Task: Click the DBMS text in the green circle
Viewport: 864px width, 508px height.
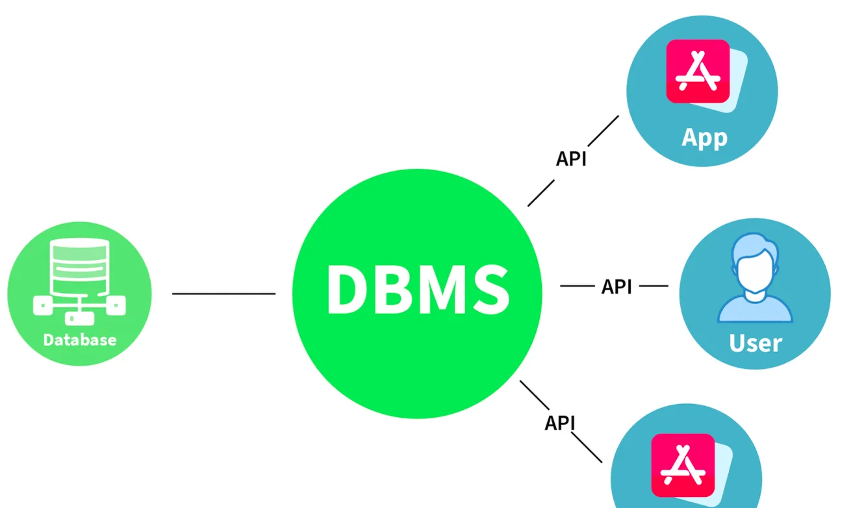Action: pos(417,290)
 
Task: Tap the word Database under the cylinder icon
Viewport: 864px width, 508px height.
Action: pos(80,340)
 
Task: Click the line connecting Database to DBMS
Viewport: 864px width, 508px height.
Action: pos(223,294)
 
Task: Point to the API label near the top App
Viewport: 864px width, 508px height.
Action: pos(571,159)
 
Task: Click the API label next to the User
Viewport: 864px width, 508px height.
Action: pos(616,286)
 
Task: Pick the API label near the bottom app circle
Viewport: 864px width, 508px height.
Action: pos(560,423)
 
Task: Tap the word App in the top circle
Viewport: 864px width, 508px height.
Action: pos(704,138)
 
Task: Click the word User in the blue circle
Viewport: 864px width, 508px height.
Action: pos(756,342)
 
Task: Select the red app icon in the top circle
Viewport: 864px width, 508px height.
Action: pos(698,71)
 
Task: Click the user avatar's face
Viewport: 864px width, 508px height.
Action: pos(755,273)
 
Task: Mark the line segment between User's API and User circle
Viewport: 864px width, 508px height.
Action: pos(654,286)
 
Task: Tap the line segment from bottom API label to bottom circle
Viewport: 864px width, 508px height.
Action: pos(589,450)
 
